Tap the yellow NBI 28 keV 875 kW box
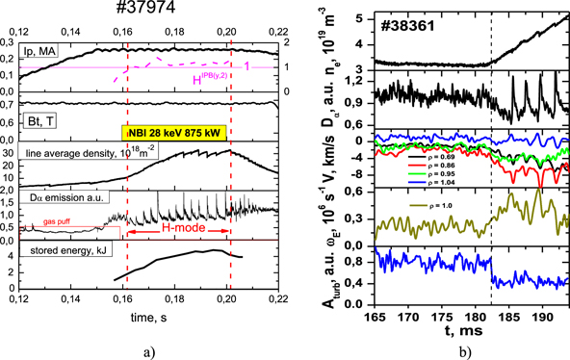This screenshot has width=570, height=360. coord(176,134)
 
